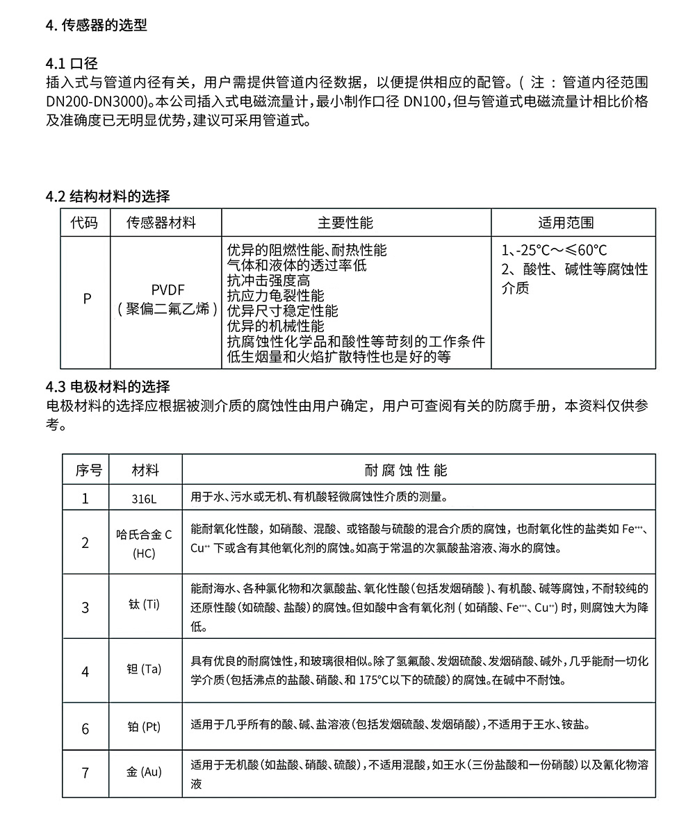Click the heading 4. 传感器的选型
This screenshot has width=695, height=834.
[96, 26]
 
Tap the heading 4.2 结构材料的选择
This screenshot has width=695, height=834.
[108, 197]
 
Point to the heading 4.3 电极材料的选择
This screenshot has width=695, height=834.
[108, 387]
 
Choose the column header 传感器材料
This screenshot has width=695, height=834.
[161, 223]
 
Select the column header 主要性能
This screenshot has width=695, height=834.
[345, 223]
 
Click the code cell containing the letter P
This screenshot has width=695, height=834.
[86, 299]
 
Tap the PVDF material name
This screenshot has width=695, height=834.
[167, 290]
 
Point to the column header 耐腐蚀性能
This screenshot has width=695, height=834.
[407, 470]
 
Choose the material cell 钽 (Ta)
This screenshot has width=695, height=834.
[145, 669]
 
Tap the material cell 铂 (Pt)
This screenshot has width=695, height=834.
[145, 728]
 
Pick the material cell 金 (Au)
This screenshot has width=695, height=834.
[145, 772]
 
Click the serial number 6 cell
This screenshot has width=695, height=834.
[85, 728]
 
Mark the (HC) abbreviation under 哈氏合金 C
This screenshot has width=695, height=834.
[144, 554]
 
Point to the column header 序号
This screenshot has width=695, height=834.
[88, 470]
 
